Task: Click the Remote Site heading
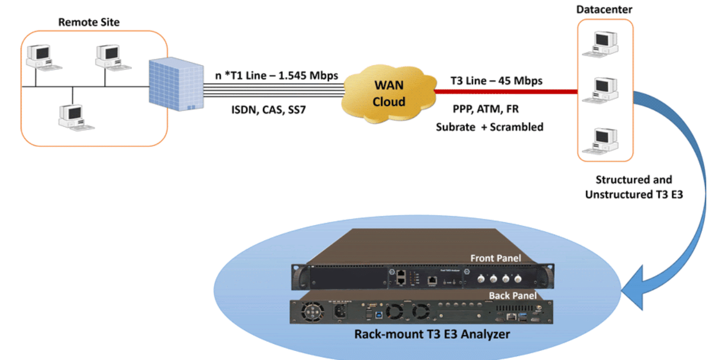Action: (x=89, y=22)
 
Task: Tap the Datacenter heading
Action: (x=605, y=10)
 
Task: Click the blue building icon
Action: (x=173, y=85)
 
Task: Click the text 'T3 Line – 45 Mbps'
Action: (x=489, y=81)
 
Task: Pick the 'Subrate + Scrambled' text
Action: (x=489, y=127)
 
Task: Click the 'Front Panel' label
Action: (x=495, y=258)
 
